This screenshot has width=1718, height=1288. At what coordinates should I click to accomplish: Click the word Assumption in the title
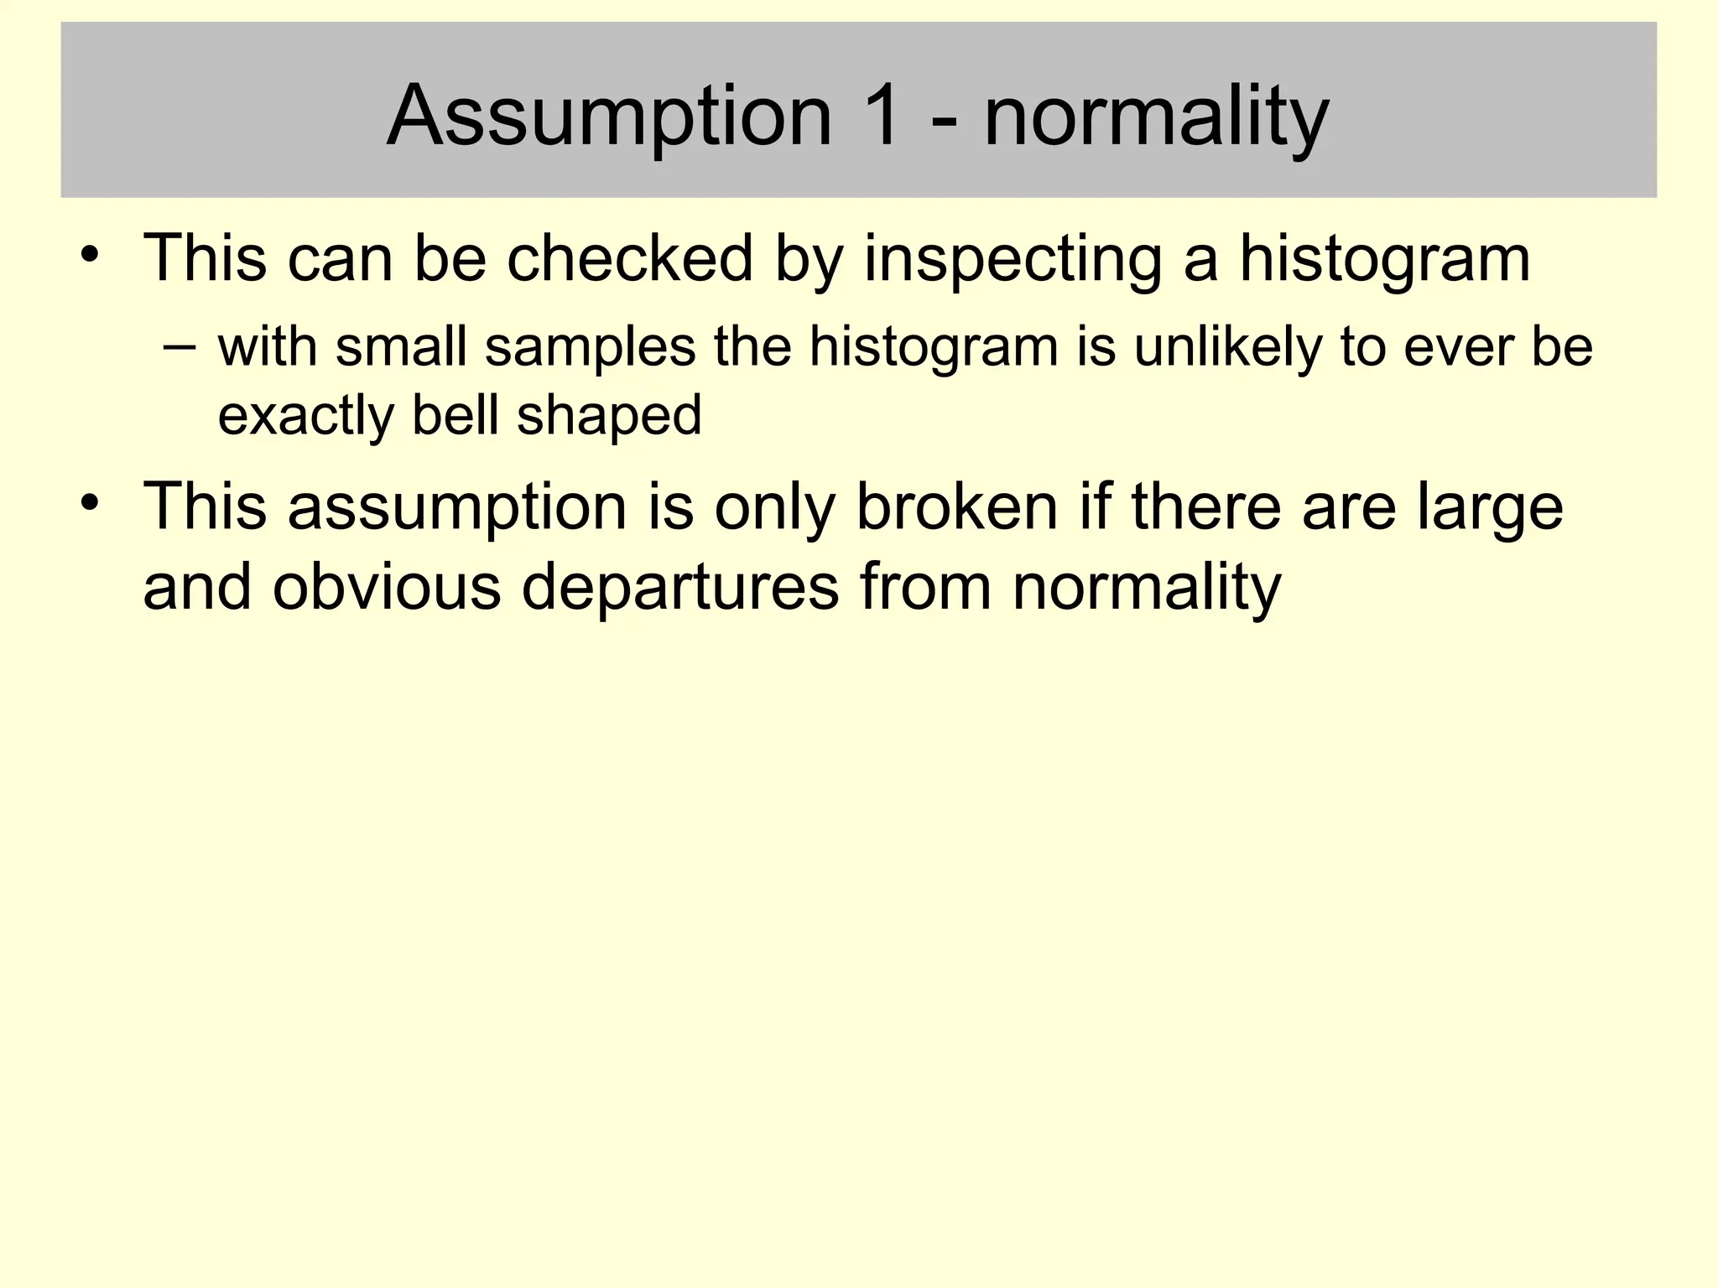(x=609, y=117)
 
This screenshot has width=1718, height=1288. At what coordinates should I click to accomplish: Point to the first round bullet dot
(x=90, y=252)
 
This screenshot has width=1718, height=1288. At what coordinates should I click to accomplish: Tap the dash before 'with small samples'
(x=180, y=346)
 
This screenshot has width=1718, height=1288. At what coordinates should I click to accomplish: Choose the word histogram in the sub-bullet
(x=934, y=348)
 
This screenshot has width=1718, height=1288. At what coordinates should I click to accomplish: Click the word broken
(x=957, y=507)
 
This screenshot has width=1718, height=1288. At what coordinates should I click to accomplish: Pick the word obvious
(x=387, y=586)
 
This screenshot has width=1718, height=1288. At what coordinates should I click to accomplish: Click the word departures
(x=680, y=588)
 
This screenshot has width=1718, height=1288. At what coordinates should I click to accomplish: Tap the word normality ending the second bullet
(x=1147, y=588)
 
